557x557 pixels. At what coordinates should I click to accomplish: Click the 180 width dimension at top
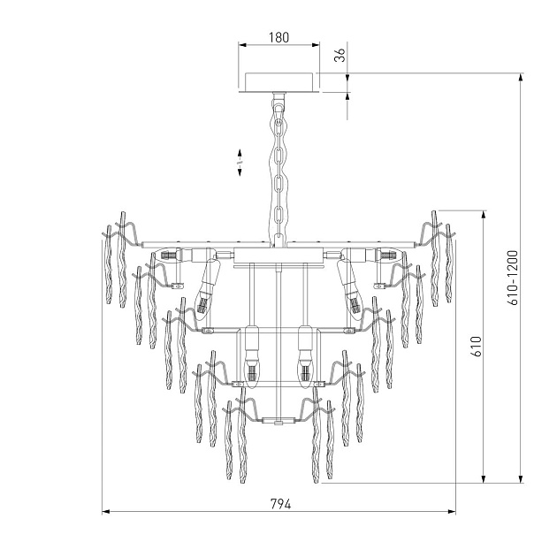(x=278, y=40)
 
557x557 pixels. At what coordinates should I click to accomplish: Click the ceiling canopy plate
(x=278, y=81)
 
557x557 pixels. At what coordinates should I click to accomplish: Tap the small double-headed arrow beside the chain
(x=239, y=164)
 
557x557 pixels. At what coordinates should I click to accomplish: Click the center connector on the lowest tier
(x=279, y=422)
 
